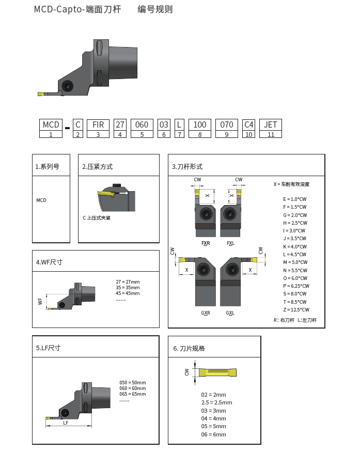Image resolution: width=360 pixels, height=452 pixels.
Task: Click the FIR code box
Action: click(x=98, y=124)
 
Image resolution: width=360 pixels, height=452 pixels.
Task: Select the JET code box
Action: click(x=271, y=124)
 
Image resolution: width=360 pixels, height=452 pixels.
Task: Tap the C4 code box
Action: click(x=249, y=124)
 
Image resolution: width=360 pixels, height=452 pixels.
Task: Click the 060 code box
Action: click(x=142, y=124)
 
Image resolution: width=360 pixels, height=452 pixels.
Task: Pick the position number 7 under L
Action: click(x=179, y=134)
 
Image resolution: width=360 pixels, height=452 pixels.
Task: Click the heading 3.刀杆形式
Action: click(x=187, y=167)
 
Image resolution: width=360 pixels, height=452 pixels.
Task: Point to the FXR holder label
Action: click(x=206, y=243)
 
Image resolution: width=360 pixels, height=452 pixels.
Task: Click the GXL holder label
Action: click(x=230, y=313)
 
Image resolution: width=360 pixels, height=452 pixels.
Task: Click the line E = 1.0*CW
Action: click(x=294, y=199)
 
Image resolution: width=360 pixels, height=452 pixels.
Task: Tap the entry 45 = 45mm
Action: click(x=128, y=293)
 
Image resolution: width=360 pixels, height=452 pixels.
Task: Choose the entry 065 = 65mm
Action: click(x=133, y=394)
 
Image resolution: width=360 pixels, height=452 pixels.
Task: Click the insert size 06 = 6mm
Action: click(x=213, y=434)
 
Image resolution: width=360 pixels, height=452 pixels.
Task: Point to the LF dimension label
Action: click(x=66, y=423)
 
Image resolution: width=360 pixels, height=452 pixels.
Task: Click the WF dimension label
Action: click(x=40, y=301)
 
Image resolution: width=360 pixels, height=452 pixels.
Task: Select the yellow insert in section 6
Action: click(x=217, y=372)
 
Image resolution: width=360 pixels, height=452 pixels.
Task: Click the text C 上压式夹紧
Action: click(x=97, y=218)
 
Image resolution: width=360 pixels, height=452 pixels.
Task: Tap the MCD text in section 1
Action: click(x=41, y=200)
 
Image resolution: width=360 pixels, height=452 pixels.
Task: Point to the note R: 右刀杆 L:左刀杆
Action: click(x=295, y=320)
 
